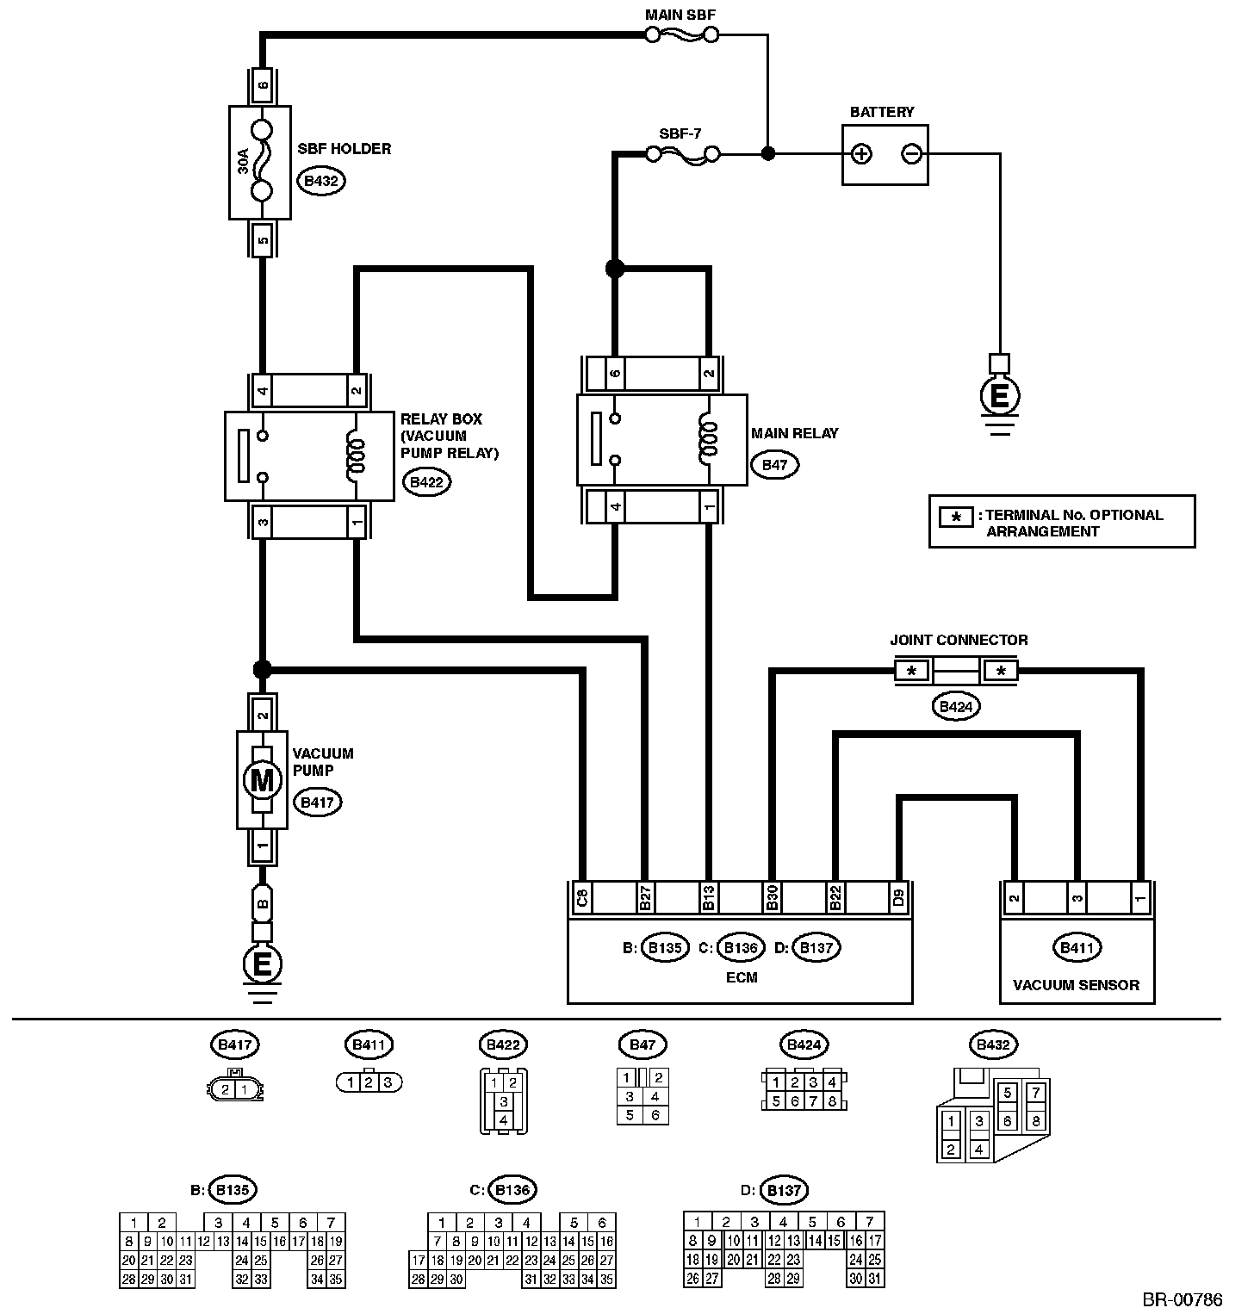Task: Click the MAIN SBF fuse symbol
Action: coord(682,34)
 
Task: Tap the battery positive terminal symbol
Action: coord(860,154)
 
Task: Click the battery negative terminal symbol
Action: coord(911,154)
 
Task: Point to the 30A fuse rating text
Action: coord(243,161)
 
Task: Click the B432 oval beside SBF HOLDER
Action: coord(321,181)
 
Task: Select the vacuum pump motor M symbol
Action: coord(262,781)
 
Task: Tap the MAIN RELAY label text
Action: coord(794,433)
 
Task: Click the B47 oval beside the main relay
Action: coord(775,465)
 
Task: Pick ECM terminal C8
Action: coord(582,898)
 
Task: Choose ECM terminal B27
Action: coord(644,898)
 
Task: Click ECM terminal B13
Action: coord(708,898)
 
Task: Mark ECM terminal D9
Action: coord(898,898)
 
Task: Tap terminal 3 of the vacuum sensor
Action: coord(1076,898)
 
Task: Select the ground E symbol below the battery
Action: coord(999,396)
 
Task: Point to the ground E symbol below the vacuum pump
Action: coord(262,963)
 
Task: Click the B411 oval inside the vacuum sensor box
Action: coord(1076,948)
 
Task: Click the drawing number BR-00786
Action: coord(1183,1299)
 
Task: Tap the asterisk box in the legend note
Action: coord(956,518)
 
